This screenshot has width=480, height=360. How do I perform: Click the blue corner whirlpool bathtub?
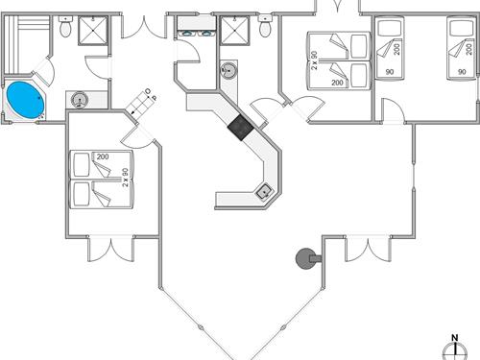(x=23, y=98)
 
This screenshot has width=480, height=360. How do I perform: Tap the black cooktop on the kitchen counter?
(x=239, y=125)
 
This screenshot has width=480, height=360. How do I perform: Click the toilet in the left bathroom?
(x=65, y=30)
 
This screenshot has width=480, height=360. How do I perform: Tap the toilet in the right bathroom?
(x=263, y=29)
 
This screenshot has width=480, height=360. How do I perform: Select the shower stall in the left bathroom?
(x=94, y=32)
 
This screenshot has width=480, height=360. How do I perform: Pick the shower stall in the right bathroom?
(x=233, y=32)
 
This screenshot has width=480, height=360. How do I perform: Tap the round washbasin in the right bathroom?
(x=228, y=70)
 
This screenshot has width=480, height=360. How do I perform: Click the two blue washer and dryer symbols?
(x=197, y=32)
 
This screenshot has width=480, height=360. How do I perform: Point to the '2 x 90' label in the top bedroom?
(x=315, y=62)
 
